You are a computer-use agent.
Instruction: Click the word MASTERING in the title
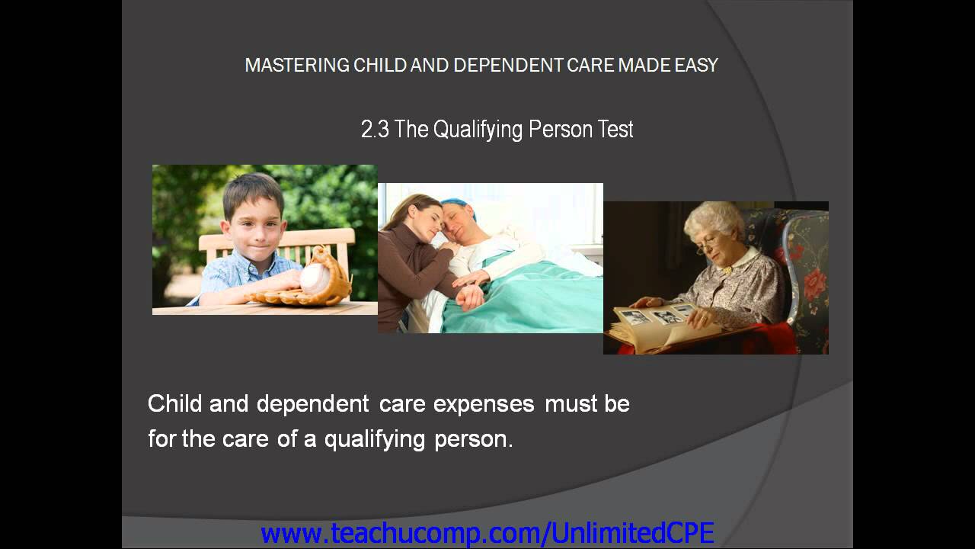coord(297,66)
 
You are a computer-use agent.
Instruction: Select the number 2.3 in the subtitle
coord(375,130)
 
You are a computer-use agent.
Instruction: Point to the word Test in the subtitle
coord(615,130)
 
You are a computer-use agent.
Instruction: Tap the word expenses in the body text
coord(484,404)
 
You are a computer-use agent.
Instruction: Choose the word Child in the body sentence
coord(175,403)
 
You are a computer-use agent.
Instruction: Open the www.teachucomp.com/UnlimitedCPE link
coord(487,533)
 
